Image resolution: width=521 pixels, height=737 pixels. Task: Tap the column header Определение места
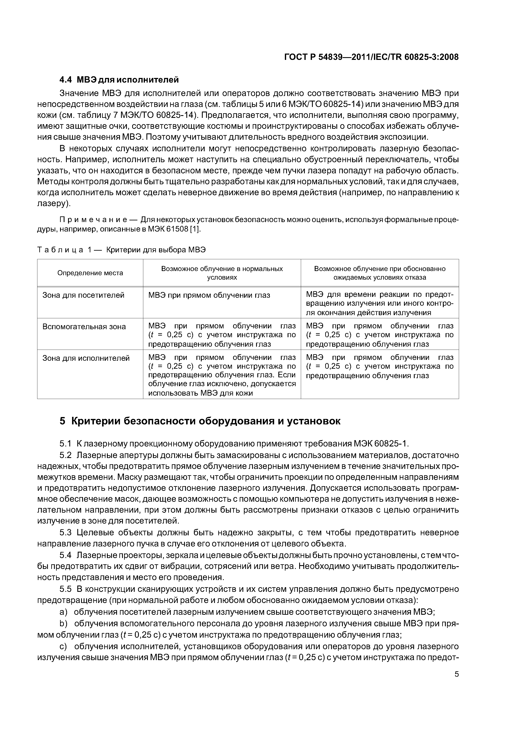click(90, 273)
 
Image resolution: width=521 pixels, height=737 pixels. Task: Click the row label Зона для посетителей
click(83, 295)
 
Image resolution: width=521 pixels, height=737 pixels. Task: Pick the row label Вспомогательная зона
click(84, 326)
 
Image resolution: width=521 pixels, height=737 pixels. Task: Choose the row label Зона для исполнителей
click(86, 358)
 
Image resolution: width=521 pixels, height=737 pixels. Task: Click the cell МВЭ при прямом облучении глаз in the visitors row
click(209, 295)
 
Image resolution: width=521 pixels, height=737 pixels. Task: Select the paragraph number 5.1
click(65, 444)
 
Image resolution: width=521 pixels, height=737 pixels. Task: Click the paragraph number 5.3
click(65, 533)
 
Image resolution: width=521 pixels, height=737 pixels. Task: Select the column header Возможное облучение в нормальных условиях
click(222, 273)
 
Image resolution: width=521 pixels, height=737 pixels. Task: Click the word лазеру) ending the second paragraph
click(54, 204)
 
